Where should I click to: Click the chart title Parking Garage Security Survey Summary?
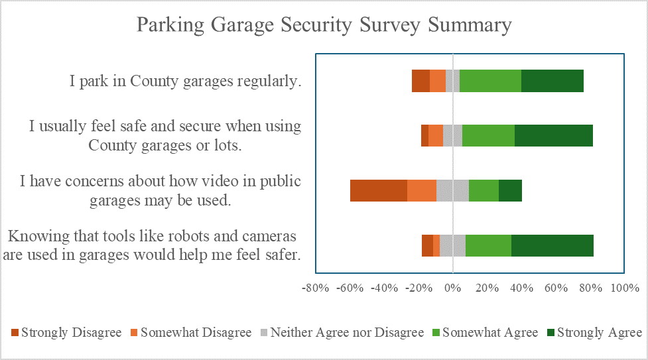pyautogui.click(x=324, y=25)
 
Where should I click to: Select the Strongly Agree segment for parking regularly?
pyautogui.click(x=552, y=81)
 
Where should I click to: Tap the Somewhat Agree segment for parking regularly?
pyautogui.click(x=490, y=81)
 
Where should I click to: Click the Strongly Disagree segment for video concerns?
pyautogui.click(x=378, y=190)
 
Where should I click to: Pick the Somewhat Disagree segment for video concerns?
pyautogui.click(x=421, y=190)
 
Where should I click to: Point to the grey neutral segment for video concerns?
pyautogui.click(x=452, y=190)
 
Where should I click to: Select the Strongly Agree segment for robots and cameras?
pyautogui.click(x=552, y=245)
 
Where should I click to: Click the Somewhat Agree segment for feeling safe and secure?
pyautogui.click(x=488, y=136)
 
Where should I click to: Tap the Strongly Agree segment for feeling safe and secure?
pyautogui.click(x=553, y=136)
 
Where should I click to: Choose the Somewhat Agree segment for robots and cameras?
pyautogui.click(x=488, y=245)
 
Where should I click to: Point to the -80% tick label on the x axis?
pyautogui.click(x=315, y=288)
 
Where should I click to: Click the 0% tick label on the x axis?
pyautogui.click(x=453, y=288)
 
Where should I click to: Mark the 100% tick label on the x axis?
pyautogui.click(x=624, y=288)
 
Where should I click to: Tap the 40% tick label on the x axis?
pyautogui.click(x=521, y=288)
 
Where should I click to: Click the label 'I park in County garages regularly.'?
pyautogui.click(x=186, y=82)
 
